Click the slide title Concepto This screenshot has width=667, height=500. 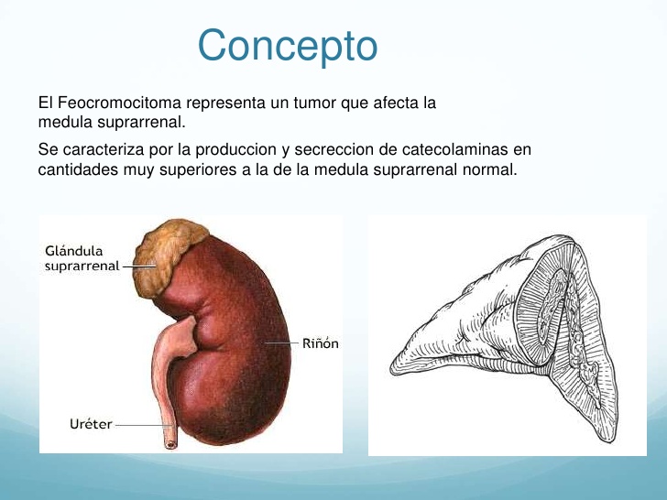point(288,46)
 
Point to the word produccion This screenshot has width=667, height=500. point(236,150)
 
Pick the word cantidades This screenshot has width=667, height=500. point(78,169)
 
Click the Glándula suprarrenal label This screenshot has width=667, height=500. point(82,258)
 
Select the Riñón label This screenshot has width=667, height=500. point(321,343)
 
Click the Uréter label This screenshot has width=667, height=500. point(91,424)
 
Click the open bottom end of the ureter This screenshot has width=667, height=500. point(170,444)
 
